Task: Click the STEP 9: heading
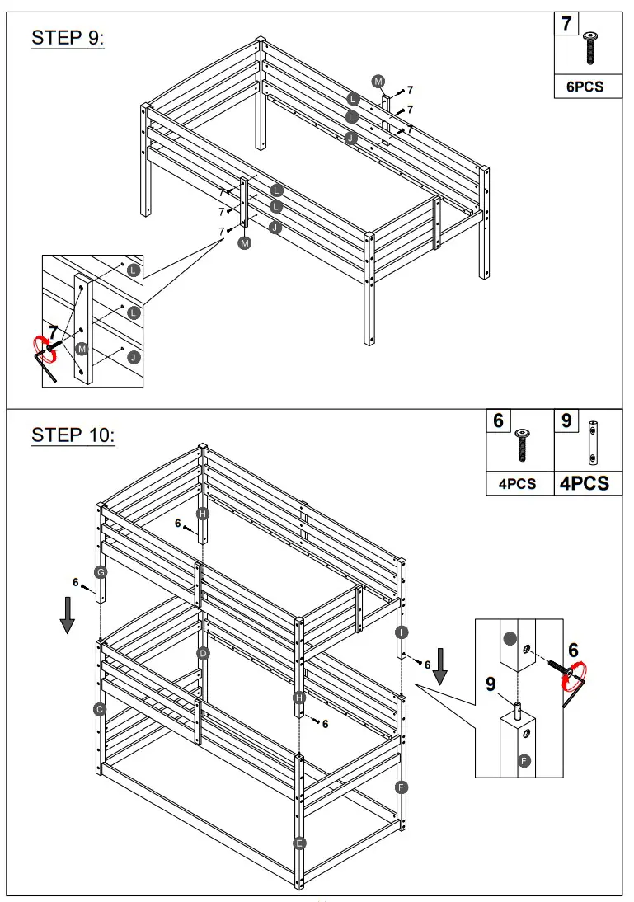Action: point(68,38)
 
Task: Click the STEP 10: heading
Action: point(73,435)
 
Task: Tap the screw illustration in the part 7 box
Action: point(590,48)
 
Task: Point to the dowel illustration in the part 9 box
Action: point(593,444)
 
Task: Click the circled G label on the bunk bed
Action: point(101,572)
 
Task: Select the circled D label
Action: point(203,653)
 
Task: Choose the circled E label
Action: point(299,843)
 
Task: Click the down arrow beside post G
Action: point(68,613)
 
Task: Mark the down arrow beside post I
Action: point(440,666)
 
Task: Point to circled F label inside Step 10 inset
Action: point(523,760)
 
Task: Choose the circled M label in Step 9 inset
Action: point(81,349)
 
